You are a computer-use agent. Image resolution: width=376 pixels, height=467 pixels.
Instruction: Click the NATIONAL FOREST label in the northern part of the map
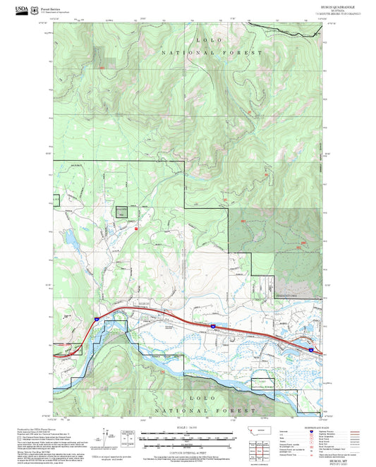[211, 53]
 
